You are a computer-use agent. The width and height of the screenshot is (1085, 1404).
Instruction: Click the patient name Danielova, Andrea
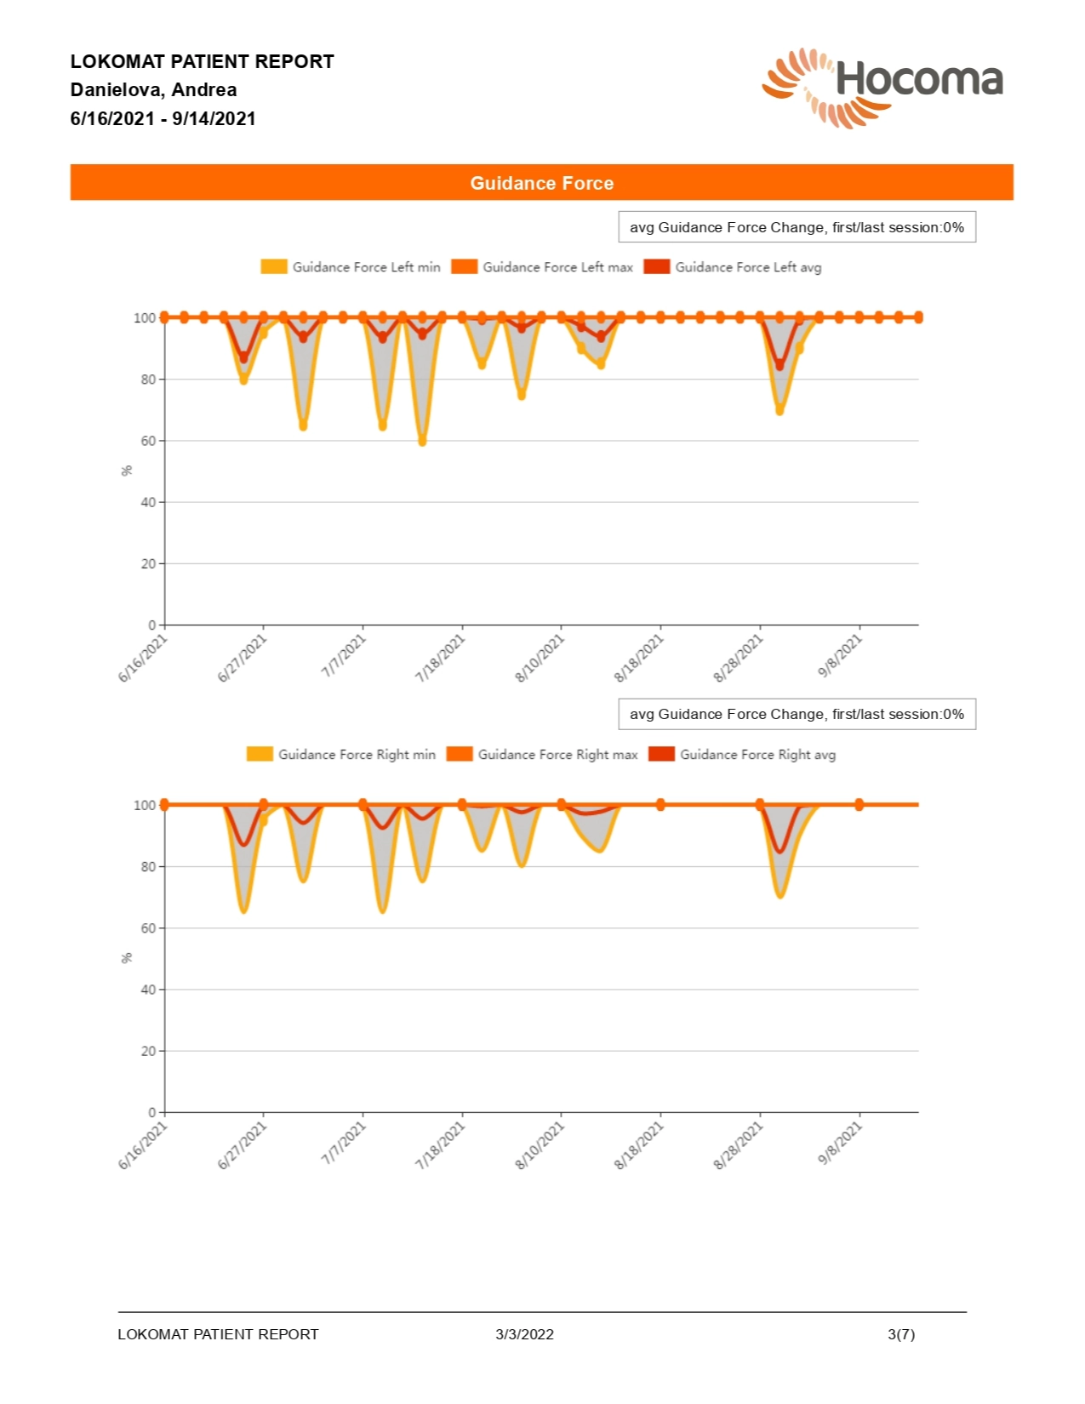click(x=153, y=90)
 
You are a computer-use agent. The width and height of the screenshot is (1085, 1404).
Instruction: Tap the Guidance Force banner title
click(x=541, y=183)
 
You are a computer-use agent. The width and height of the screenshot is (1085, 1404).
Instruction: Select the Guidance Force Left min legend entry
click(x=351, y=267)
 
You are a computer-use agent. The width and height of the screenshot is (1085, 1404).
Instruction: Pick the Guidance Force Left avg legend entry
click(x=733, y=267)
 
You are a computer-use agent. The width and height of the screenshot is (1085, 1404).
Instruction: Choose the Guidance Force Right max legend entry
click(x=542, y=755)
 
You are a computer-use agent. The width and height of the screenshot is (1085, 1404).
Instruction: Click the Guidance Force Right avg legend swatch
click(x=661, y=755)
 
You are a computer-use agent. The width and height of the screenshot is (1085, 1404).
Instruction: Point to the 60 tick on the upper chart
click(x=148, y=441)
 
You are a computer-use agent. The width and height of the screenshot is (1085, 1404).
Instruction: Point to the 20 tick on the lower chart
click(x=148, y=1051)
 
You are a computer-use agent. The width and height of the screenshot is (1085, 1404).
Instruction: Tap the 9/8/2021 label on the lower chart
click(x=841, y=1144)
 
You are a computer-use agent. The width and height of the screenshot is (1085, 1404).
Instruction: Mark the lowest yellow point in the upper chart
click(x=422, y=442)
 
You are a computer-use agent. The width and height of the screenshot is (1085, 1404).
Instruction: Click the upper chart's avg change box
click(x=797, y=227)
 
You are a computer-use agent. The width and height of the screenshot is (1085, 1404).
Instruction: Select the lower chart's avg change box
click(x=797, y=715)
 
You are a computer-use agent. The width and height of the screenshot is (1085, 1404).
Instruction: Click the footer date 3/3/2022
click(x=524, y=1334)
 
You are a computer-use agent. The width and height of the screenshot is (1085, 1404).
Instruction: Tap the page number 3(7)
click(x=901, y=1334)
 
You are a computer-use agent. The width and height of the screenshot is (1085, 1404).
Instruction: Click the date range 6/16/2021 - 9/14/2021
click(x=163, y=119)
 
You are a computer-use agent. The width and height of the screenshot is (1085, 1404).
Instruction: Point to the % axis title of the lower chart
click(x=127, y=958)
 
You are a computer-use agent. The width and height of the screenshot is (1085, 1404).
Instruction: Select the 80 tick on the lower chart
click(x=148, y=866)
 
